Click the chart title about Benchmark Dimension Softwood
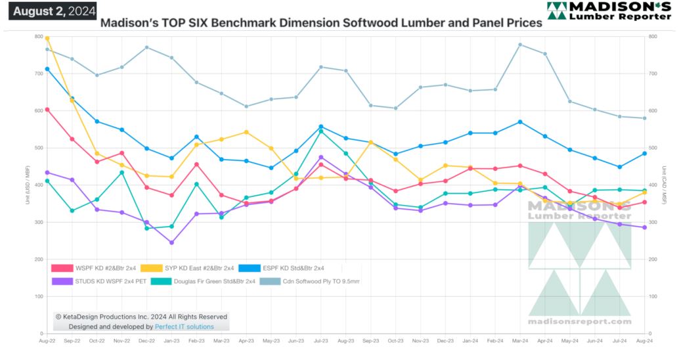click(321, 23)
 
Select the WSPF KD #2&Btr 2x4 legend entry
click(91, 268)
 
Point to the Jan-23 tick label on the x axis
click(171, 341)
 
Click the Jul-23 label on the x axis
click(321, 341)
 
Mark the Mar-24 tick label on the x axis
click(520, 341)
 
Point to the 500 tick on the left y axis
click(38, 148)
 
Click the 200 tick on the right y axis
click(652, 259)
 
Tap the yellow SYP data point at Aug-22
click(47, 38)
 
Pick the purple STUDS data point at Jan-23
click(171, 242)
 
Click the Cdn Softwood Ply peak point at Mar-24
click(520, 45)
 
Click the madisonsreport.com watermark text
click(580, 322)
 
